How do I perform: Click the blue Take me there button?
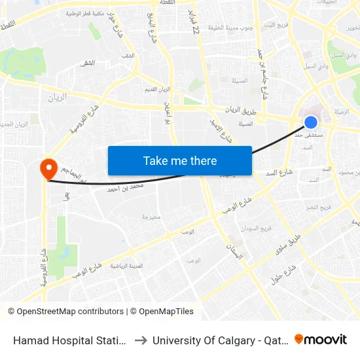(180, 160)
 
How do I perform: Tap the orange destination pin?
(48, 169)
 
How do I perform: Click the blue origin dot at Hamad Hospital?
(311, 122)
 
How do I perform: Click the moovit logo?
(321, 340)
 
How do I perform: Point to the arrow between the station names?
(141, 340)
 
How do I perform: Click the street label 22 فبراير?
(195, 24)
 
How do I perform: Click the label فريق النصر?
(321, 207)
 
